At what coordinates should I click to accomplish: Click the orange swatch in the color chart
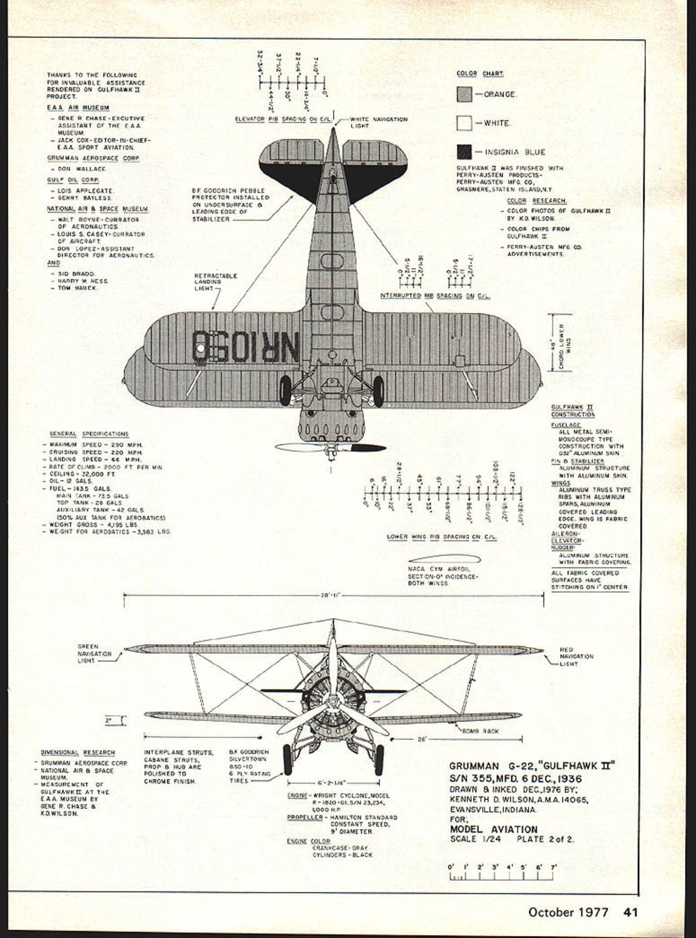[464, 94]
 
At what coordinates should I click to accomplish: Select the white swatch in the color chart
[464, 123]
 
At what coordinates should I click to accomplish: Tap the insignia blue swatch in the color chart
[464, 152]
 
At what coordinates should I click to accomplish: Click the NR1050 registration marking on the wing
[245, 346]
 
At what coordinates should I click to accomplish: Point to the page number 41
[631, 912]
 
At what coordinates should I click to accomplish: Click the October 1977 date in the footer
[568, 912]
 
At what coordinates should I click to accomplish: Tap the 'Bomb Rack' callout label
[480, 731]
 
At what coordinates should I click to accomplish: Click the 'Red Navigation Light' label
[577, 657]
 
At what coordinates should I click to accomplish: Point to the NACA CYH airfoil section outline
[443, 559]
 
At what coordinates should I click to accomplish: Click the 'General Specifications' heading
[89, 434]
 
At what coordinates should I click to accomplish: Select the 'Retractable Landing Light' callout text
[215, 281]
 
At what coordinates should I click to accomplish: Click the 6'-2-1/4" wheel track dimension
[331, 783]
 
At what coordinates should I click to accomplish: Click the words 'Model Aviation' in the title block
[493, 830]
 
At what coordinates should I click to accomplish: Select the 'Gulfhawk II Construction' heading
[573, 411]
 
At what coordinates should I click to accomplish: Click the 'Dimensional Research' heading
[77, 753]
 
